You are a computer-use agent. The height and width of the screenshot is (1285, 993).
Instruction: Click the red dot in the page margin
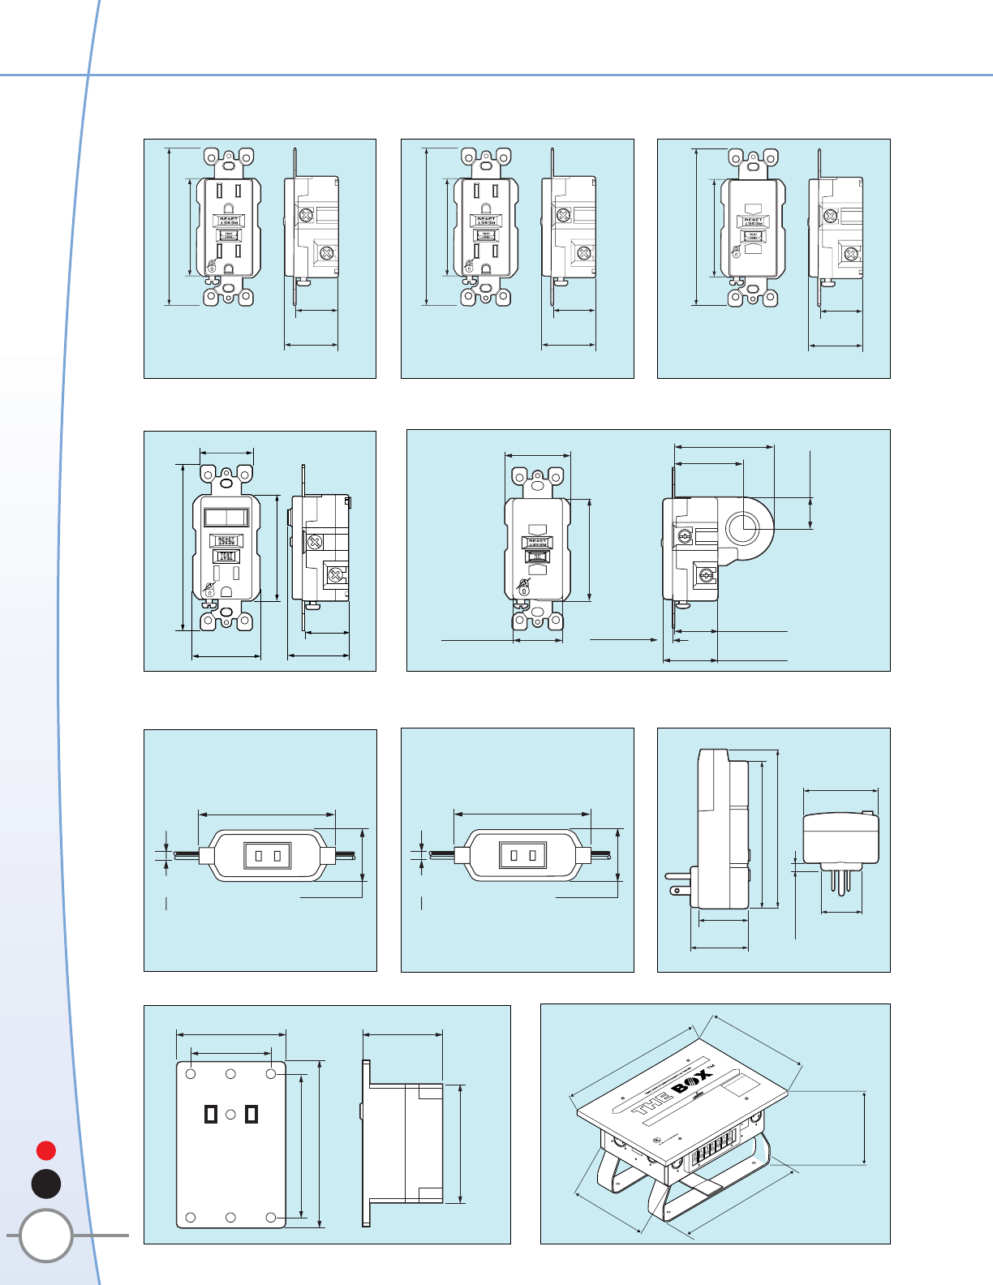[x=46, y=1150]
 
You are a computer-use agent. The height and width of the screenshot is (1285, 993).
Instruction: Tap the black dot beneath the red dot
[x=46, y=1184]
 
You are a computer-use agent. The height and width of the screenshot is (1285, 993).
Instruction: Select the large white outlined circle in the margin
[x=46, y=1236]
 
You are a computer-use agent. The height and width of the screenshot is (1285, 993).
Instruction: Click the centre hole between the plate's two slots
[x=230, y=1115]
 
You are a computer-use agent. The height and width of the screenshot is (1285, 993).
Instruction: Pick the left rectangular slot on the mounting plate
[x=211, y=1114]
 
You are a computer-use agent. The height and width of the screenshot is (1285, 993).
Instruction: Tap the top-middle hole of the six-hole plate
[x=230, y=1074]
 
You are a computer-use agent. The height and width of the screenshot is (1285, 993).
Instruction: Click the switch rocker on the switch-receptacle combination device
[x=226, y=518]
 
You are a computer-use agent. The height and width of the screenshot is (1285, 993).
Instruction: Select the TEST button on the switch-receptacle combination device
[x=226, y=557]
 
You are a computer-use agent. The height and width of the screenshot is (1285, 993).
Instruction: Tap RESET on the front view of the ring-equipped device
[x=537, y=541]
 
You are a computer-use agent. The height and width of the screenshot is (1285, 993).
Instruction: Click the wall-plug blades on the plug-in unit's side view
[x=678, y=883]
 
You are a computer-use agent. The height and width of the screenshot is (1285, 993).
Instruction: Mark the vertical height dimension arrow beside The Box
[x=865, y=1128]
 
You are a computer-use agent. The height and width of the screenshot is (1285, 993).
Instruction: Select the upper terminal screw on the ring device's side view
[x=684, y=536]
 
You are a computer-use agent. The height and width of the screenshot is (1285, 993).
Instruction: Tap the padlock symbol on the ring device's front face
[x=524, y=585]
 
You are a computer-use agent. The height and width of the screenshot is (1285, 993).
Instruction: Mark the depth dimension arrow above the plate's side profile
[x=402, y=1034]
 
